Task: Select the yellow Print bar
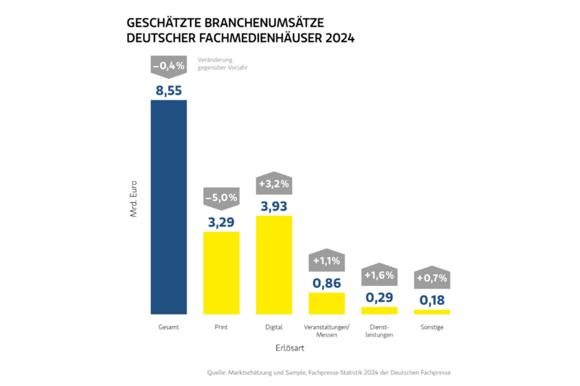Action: pyautogui.click(x=221, y=272)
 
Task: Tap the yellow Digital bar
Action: pyautogui.click(x=274, y=264)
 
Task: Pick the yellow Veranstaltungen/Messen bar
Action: pyautogui.click(x=327, y=303)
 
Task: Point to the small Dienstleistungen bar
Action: pyautogui.click(x=379, y=310)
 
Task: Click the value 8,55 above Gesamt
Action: pyautogui.click(x=168, y=90)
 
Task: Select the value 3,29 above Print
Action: pyautogui.click(x=221, y=221)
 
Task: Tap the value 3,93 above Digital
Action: pyautogui.click(x=274, y=206)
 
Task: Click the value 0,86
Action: pyautogui.click(x=327, y=282)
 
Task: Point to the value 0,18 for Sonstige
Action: pyautogui.click(x=432, y=300)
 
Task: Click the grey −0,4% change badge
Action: pyautogui.click(x=168, y=67)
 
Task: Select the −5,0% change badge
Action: pyautogui.click(x=221, y=197)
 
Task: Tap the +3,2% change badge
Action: pyautogui.click(x=274, y=183)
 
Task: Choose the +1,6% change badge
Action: pyautogui.click(x=379, y=274)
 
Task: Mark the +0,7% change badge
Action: pyautogui.click(x=432, y=278)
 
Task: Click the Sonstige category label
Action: pyautogui.click(x=432, y=327)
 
